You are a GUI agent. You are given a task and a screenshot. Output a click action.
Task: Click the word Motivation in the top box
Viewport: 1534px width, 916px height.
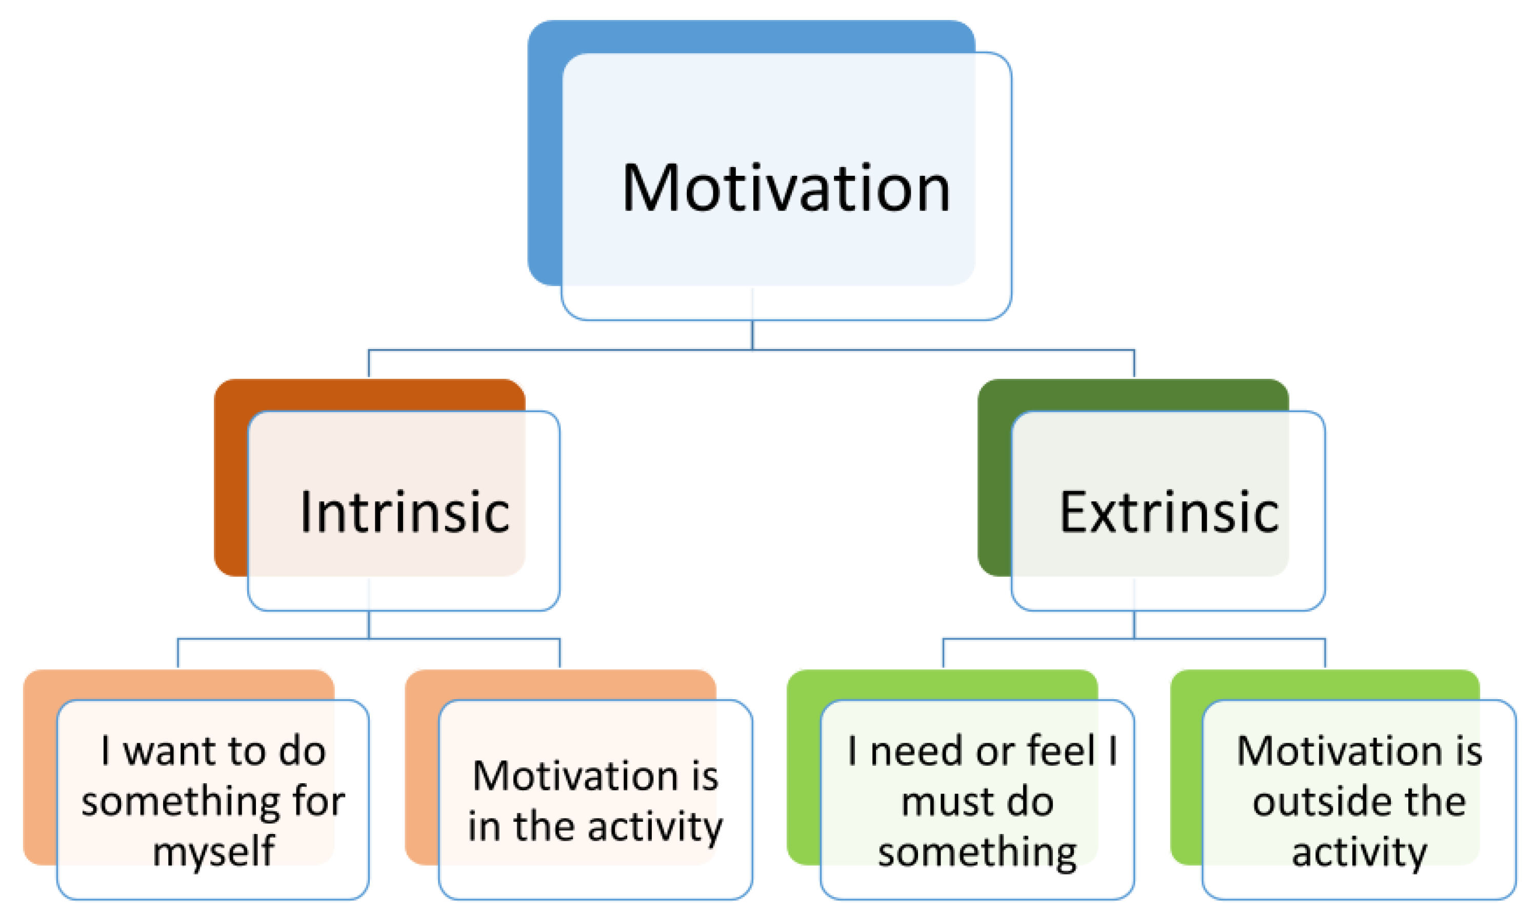point(786,188)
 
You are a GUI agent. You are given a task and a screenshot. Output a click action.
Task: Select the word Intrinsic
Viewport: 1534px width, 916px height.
point(405,511)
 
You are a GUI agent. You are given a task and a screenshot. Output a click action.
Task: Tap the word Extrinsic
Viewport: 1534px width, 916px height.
point(1169,511)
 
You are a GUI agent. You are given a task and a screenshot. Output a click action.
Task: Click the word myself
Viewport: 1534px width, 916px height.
point(213,852)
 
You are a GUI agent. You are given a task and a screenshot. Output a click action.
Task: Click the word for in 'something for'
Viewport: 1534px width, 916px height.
point(318,801)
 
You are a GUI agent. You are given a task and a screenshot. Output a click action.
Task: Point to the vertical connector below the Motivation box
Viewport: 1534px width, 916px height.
point(752,335)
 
